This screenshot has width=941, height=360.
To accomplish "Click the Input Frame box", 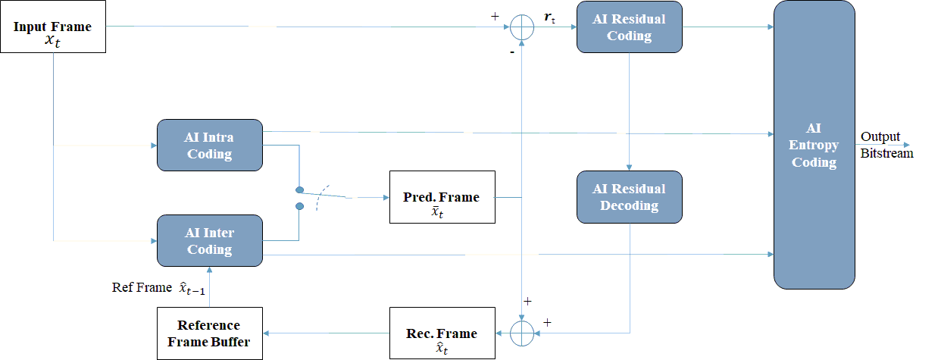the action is coord(53,27).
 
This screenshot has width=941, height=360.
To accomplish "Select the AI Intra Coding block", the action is coord(210,145).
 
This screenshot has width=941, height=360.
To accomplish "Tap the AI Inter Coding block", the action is coord(210,241).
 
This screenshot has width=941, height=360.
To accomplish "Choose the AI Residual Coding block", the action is coord(630,27).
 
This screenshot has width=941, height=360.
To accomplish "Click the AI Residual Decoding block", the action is coord(630,197).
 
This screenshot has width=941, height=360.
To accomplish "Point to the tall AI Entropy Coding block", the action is coord(814,145).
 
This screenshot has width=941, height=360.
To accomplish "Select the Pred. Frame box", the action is coord(442,197).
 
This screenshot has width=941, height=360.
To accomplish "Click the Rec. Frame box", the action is coord(442,333).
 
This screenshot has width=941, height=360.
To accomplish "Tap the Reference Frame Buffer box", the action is coord(210,333).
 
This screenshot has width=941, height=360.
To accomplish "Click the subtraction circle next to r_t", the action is coord(522,27).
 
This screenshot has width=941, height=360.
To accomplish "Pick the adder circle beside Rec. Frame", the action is coord(522,333).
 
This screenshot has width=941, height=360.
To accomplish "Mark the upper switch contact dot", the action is coord(299,190).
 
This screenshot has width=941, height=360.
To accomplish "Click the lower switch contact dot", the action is coord(299,206).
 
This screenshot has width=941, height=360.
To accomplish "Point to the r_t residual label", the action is coord(549,17).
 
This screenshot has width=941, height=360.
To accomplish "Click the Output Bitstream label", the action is coord(886,145).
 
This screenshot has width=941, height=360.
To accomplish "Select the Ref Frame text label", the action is coord(142,287).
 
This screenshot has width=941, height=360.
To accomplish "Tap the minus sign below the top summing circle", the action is coord(512,52).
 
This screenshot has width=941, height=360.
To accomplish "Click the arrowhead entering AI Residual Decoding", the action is coord(630,167).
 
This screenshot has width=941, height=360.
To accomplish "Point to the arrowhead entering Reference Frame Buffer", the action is coord(267,333).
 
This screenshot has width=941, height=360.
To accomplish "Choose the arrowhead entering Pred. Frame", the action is coord(386,198).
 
